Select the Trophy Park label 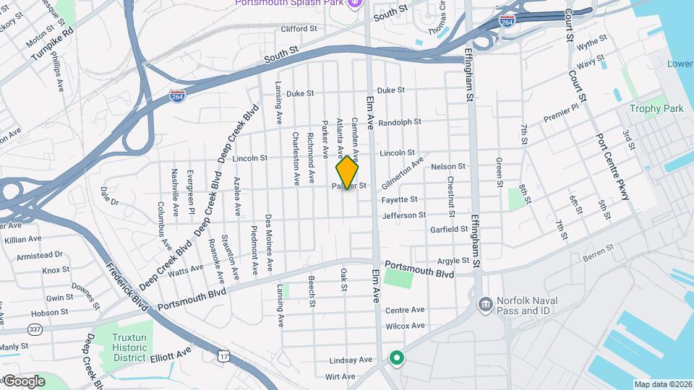coord(656,109)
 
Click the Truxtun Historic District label coord(130,347)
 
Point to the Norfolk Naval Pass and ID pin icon coord(484,301)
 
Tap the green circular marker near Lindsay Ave coord(396,357)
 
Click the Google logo coord(23,381)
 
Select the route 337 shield coord(35,330)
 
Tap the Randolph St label coord(400,122)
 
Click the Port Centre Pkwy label coord(614,167)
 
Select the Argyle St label coord(453,261)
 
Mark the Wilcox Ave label coord(405,326)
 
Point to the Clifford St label coord(299,29)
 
